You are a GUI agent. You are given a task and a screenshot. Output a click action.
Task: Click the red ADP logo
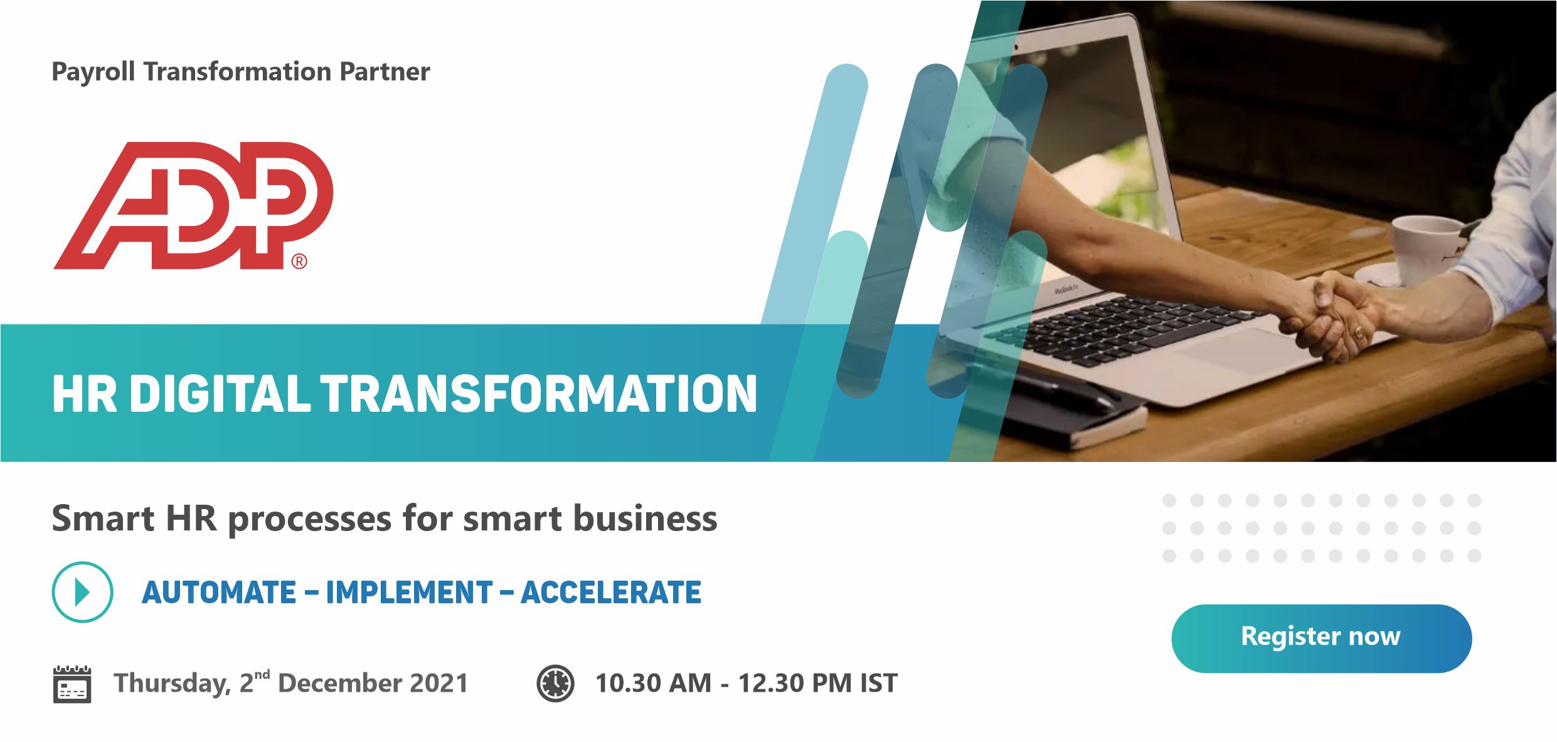coord(193,205)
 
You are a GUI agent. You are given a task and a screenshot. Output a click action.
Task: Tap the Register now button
coord(1321,638)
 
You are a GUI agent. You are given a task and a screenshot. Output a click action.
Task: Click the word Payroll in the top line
coord(93,72)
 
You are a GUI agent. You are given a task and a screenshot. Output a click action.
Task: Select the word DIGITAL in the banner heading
coord(220,394)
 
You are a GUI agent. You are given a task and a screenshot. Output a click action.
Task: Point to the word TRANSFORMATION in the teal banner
coord(539,394)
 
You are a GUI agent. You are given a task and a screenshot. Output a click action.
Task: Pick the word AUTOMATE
coord(219,593)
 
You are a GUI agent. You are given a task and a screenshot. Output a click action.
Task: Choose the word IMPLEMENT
coord(409,593)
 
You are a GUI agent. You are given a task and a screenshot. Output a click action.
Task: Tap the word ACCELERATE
coord(611,593)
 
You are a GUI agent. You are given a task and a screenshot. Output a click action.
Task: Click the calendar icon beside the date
coord(72,684)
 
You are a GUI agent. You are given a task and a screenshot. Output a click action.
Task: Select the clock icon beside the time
coord(555,683)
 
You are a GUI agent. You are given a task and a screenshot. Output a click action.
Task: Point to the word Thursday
coord(173,684)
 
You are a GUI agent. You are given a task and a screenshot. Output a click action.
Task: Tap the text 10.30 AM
coord(653,683)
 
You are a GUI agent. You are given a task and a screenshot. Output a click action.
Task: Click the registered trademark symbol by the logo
coord(299,261)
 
